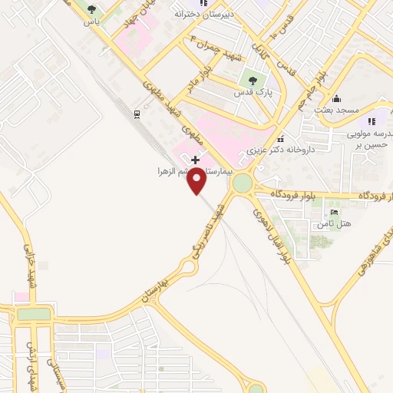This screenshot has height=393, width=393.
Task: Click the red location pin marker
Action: tap(197, 181)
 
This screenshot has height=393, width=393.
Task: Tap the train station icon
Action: tap(137, 114)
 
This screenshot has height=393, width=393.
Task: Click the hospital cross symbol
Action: tap(196, 160)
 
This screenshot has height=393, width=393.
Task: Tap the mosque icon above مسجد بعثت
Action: tap(336, 98)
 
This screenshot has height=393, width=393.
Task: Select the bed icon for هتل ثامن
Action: tap(334, 212)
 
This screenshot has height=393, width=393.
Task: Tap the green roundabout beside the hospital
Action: tap(243, 184)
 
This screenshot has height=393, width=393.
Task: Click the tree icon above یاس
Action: tap(92, 10)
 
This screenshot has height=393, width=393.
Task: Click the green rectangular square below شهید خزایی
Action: tap(34, 314)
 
